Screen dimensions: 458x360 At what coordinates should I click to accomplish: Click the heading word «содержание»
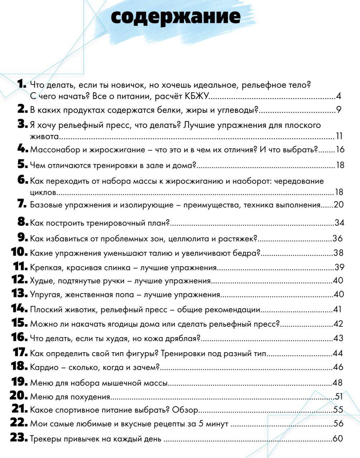pyautogui.click(x=175, y=16)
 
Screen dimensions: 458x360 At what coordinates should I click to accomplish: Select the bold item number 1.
pyautogui.click(x=22, y=84)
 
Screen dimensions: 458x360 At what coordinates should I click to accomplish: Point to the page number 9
pyautogui.click(x=339, y=110)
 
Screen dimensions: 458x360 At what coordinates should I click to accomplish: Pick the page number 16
pyautogui.click(x=340, y=150)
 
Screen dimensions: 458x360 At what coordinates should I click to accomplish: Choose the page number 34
pyautogui.click(x=339, y=223)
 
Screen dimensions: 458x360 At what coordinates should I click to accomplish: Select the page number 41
pyautogui.click(x=337, y=310)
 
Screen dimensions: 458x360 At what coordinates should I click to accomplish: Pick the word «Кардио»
pyautogui.click(x=42, y=367)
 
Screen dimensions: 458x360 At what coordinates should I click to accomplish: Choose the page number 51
pyautogui.click(x=339, y=396)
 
